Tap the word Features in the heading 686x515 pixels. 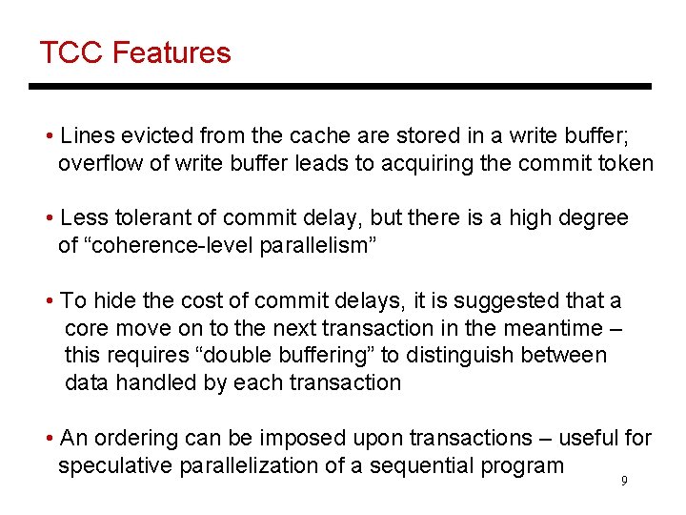coord(171,52)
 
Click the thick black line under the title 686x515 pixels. coord(340,87)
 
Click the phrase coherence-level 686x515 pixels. coord(175,246)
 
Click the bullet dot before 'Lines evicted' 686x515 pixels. coord(49,135)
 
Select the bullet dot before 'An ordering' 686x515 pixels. coord(49,439)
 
